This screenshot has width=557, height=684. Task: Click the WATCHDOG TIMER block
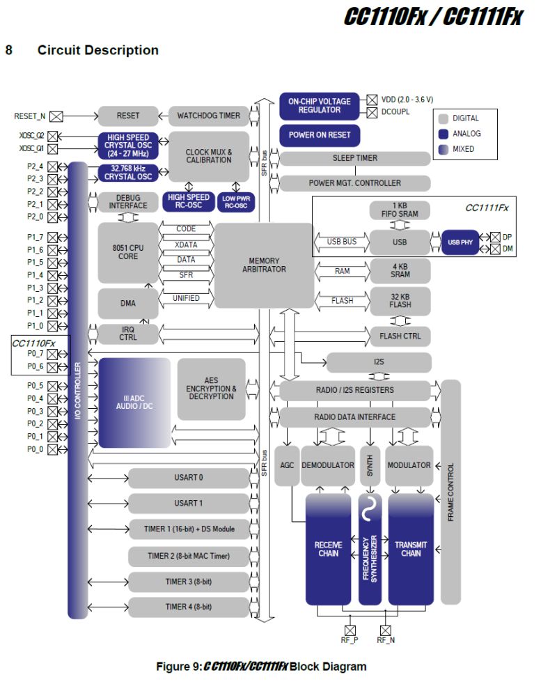click(x=209, y=116)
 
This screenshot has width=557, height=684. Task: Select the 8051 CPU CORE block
click(x=127, y=251)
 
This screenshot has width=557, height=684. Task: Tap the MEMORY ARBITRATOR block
click(x=264, y=265)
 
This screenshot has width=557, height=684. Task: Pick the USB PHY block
click(x=462, y=242)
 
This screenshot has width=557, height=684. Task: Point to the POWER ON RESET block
click(x=320, y=134)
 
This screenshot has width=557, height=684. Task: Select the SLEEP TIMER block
click(x=354, y=158)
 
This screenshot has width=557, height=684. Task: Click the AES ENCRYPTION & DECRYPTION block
click(x=211, y=389)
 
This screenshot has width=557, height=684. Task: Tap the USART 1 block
click(x=188, y=503)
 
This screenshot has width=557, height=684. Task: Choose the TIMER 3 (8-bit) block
click(x=188, y=582)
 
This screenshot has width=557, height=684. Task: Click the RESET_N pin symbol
click(x=56, y=116)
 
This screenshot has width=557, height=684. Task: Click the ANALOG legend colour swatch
click(x=443, y=134)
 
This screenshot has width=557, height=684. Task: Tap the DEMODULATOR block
click(x=327, y=465)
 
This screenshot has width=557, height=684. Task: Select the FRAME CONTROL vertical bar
click(x=450, y=492)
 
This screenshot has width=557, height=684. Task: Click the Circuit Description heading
click(x=97, y=50)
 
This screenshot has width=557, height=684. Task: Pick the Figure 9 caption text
click(x=261, y=667)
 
